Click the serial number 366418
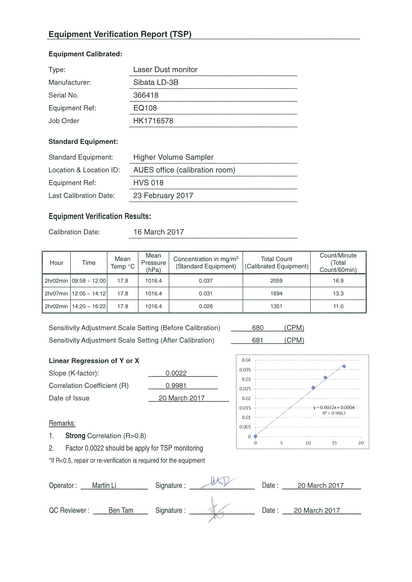coord(146,95)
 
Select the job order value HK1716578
coord(153,121)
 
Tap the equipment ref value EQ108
coord(145,108)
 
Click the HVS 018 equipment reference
coord(148,183)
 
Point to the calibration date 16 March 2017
coord(159,232)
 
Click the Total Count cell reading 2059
coord(276,281)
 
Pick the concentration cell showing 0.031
coord(206,293)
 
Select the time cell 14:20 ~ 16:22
coord(89,306)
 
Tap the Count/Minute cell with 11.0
coord(338,306)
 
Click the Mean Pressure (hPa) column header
coord(153,263)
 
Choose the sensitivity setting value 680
coord(258,328)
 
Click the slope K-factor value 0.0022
coord(176,373)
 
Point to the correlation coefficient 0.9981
coord(176,386)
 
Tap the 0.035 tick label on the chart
coord(245,370)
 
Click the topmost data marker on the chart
coord(344,367)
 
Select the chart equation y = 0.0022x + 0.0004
coord(334,407)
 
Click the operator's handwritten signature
coord(219,481)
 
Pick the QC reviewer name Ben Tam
coord(121,510)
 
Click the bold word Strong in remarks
coord(75,436)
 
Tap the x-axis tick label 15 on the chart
coord(334,443)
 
